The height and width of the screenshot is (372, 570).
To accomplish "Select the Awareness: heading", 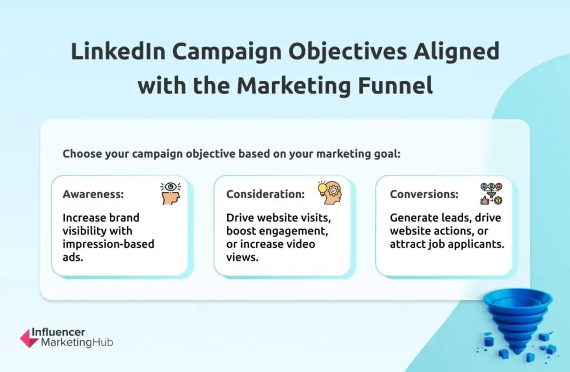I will point(93,194).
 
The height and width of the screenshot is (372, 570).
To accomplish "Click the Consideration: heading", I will point(265,194).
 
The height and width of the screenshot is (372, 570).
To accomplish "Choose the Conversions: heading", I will point(424,194).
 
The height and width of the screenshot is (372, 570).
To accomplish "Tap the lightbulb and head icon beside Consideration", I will point(330,192).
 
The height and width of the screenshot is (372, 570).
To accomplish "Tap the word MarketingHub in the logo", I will point(77,342).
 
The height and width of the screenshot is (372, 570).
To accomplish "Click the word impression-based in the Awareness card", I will point(108,244).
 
